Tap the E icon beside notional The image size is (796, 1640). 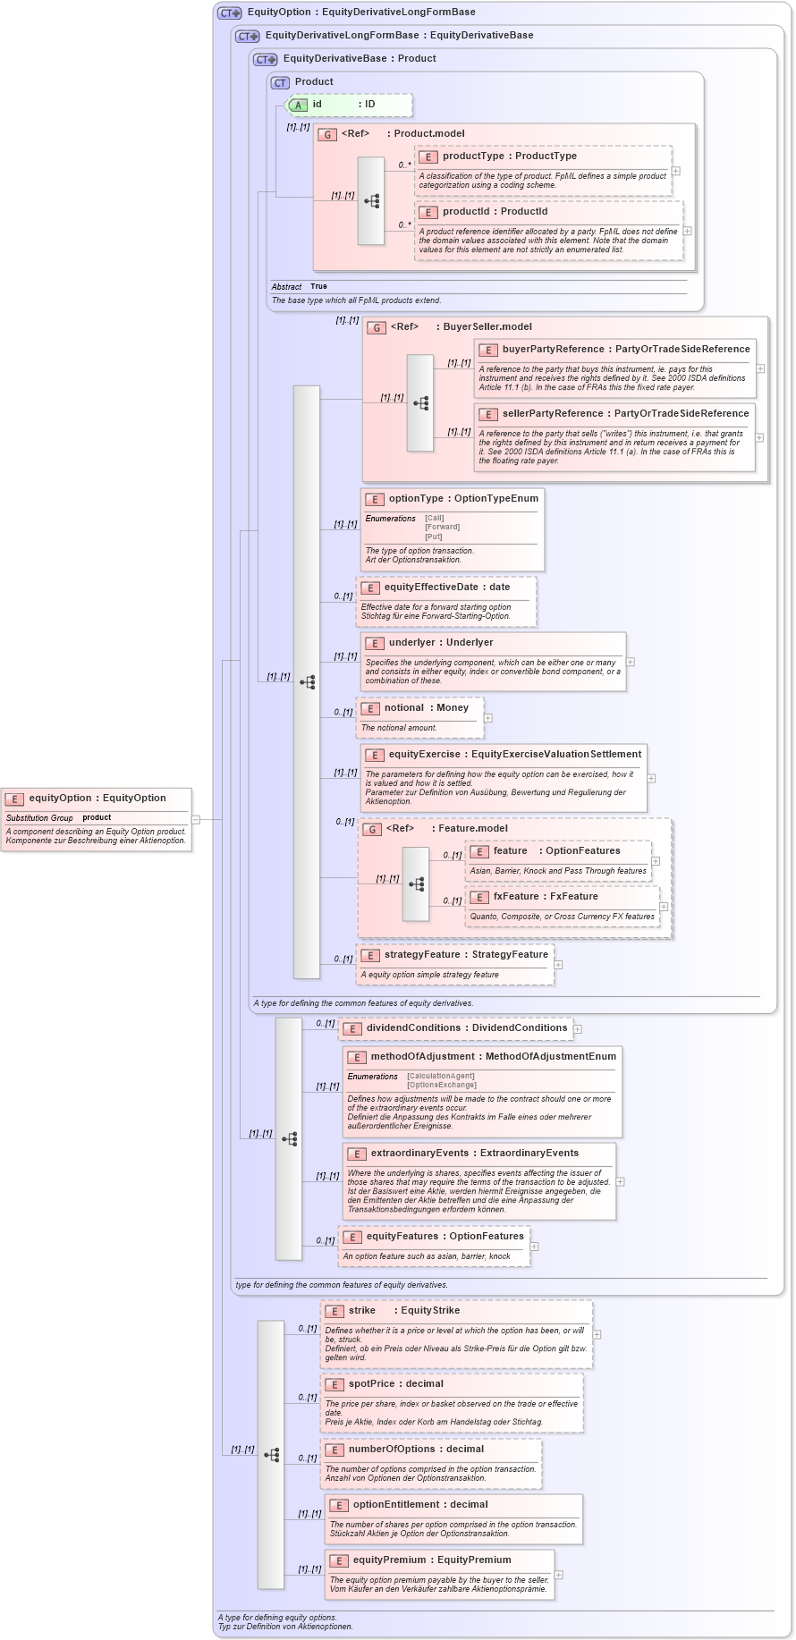370,708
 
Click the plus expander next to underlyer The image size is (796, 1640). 631,662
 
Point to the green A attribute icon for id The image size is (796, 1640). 299,106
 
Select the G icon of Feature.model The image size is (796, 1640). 373,830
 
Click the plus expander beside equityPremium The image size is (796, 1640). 559,1576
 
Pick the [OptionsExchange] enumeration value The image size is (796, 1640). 442,1086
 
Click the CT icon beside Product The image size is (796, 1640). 281,82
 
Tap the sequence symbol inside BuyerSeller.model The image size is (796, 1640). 420,403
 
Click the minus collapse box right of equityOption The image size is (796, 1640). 196,819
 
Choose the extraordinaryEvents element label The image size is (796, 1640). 474,1154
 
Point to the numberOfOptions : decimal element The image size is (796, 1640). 416,1450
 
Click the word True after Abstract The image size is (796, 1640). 318,287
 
